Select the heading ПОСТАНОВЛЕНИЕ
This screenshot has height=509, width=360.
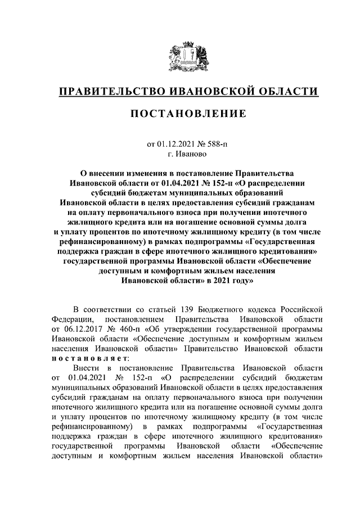(180, 114)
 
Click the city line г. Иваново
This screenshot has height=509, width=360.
(180, 153)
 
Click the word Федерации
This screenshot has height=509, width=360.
(71, 319)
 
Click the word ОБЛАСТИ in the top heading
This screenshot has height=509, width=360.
(286, 91)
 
